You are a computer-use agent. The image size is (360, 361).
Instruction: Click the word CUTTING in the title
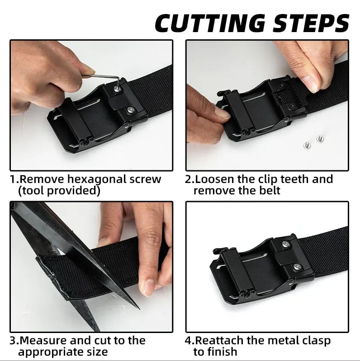(210, 23)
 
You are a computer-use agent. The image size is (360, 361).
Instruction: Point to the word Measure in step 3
(43, 340)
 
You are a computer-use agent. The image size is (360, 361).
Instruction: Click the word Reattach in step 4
(219, 340)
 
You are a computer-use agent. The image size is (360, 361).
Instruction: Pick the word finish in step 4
(222, 352)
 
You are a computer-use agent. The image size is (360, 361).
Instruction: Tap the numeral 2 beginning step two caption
(188, 179)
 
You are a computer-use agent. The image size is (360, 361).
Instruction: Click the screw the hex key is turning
(117, 89)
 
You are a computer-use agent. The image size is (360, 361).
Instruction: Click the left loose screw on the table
(307, 145)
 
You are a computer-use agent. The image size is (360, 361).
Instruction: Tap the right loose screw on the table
(319, 139)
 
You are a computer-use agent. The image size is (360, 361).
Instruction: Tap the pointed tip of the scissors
(139, 308)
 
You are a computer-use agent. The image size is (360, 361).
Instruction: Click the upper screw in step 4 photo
(286, 244)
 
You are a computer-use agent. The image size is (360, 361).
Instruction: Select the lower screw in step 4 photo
(297, 267)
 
